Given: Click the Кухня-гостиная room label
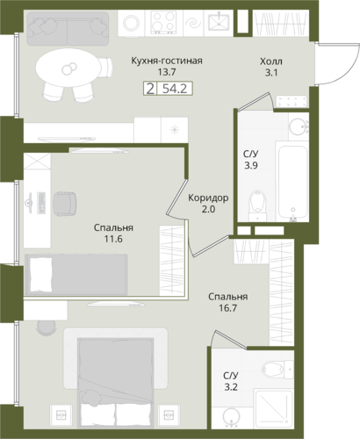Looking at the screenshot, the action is click(167, 61).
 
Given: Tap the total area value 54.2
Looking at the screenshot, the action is click(175, 88).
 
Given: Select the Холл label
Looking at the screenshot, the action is click(271, 61).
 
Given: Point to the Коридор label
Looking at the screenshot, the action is click(208, 198).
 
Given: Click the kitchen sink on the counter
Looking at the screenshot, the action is click(219, 23).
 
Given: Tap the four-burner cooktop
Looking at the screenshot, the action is click(163, 22).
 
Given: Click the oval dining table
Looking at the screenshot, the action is click(69, 68).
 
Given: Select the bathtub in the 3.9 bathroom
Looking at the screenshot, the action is click(292, 182).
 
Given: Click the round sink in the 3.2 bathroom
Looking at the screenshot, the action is click(231, 417).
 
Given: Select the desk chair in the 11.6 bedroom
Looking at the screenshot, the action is click(65, 204).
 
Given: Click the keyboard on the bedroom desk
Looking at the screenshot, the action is click(41, 202).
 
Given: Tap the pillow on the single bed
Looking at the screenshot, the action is click(40, 274).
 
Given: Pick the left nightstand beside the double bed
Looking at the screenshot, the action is click(61, 415).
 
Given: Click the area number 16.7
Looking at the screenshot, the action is click(227, 308).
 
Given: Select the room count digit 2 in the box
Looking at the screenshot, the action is click(150, 88).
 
